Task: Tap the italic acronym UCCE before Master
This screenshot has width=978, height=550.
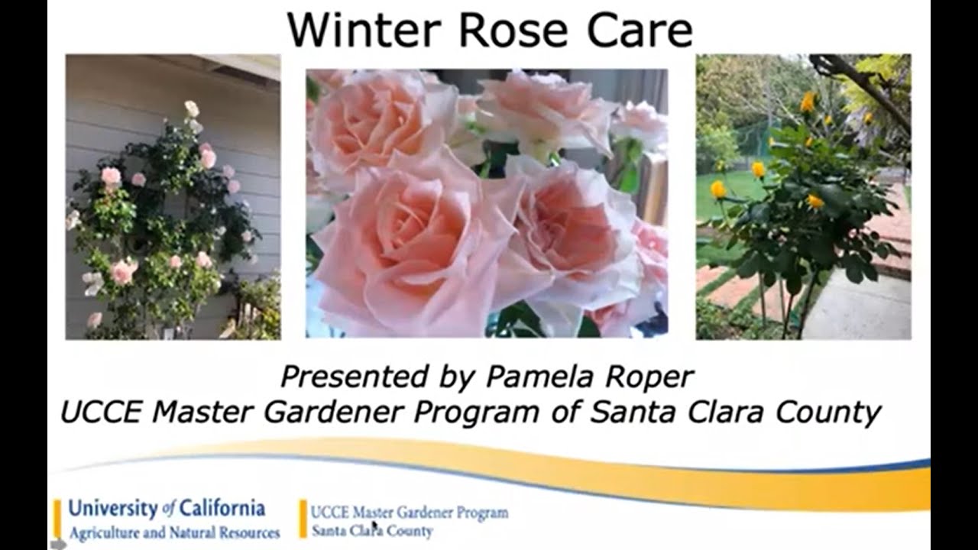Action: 102,412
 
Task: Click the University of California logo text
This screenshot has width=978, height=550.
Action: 166,509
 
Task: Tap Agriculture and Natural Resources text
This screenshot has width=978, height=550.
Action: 174,532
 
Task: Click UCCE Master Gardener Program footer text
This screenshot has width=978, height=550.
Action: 410,513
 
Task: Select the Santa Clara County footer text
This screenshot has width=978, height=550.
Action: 371,531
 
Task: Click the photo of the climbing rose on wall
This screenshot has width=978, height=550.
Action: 173,197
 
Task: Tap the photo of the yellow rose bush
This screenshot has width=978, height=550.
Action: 803,197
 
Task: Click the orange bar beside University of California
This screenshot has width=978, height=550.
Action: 57,519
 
